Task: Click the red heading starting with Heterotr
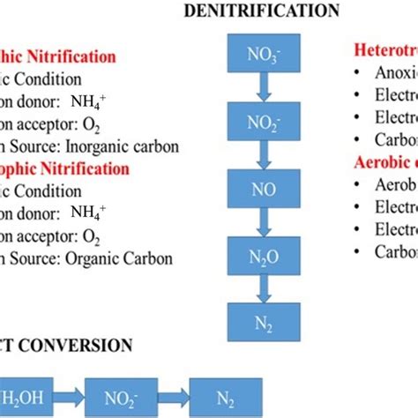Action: tap(385, 49)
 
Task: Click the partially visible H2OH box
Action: tap(26, 392)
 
